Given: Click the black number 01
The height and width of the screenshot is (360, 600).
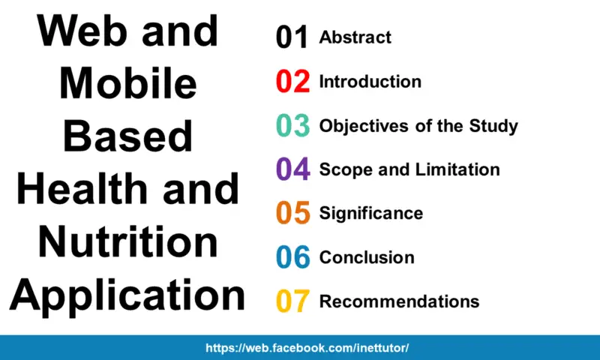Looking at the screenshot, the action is (292, 37).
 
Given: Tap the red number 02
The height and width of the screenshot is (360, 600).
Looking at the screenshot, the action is (292, 81).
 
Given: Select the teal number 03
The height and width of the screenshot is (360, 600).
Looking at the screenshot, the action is (292, 125).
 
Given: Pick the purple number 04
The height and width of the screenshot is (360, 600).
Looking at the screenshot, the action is (293, 169).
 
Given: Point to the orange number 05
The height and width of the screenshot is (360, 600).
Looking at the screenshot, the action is (293, 213).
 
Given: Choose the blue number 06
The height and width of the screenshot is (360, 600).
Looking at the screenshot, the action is (293, 256).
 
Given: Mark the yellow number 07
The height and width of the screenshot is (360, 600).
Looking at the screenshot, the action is (292, 301).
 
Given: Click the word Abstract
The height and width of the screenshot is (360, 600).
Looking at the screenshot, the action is (355, 37).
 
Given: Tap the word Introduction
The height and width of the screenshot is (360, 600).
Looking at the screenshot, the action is (370, 82).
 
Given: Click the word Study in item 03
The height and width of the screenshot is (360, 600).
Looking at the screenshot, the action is (493, 126).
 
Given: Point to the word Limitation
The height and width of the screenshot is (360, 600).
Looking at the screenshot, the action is (457, 169).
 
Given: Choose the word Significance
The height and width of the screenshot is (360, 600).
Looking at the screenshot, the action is (371, 214).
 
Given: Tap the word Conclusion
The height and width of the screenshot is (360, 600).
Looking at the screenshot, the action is (367, 257).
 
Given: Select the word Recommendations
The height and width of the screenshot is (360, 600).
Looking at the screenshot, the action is (400, 301).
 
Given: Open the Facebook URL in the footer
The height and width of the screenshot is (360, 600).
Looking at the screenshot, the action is (307, 348).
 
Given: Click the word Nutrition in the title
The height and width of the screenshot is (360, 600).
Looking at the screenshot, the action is (128, 241).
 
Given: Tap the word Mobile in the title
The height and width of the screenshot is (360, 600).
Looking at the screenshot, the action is (128, 83).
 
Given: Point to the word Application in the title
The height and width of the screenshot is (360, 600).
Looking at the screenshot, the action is (127, 296).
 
